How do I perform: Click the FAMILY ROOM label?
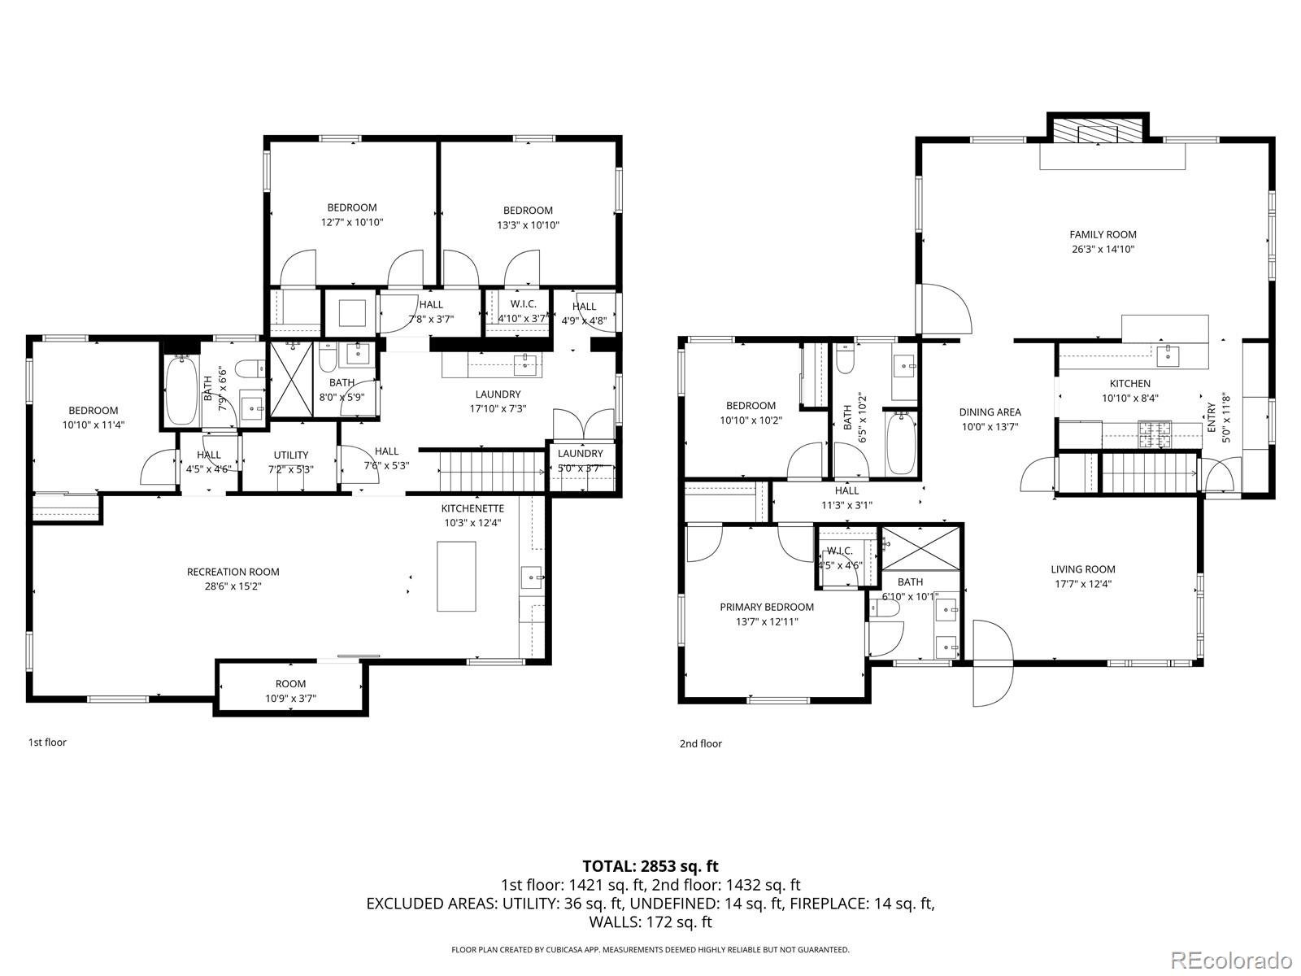1103,235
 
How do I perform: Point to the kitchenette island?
456,576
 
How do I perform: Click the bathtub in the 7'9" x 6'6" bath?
181,392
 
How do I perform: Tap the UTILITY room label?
290,455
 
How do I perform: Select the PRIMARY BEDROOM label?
766,607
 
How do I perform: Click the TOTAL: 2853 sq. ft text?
650,866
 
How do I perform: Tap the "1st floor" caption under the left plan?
47,743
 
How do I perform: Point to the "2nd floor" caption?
700,743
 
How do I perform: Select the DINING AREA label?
990,412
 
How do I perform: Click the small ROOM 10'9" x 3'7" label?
290,684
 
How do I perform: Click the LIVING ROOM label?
1082,569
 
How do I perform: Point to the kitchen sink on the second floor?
1168,353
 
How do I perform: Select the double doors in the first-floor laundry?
583,423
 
